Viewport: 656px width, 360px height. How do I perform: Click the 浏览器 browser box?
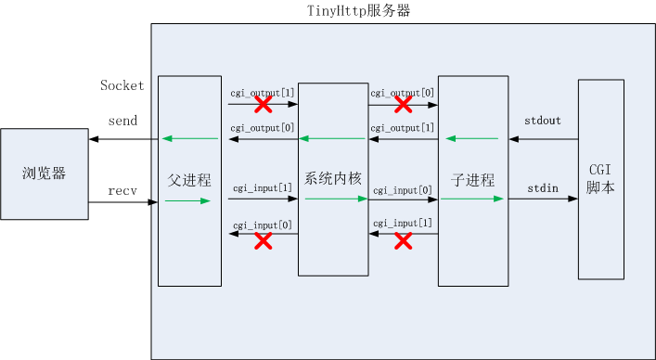pos(45,174)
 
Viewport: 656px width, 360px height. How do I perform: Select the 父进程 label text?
pos(189,180)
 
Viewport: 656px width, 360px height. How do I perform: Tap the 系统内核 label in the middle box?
pos(332,177)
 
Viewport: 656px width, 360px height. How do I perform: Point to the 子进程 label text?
pos(473,180)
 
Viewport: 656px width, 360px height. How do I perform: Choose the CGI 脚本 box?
pos(600,179)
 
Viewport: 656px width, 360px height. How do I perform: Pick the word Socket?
pos(122,85)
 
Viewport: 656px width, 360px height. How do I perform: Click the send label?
pos(122,122)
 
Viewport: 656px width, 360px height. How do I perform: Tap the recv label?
pos(122,190)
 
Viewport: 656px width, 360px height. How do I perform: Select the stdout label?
pos(542,121)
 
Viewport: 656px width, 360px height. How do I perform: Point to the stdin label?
pos(542,188)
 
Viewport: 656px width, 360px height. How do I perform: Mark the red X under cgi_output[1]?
pos(263,105)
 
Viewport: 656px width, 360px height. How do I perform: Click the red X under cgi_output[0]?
pos(403,105)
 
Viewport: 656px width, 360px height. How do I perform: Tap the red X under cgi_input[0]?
pos(263,241)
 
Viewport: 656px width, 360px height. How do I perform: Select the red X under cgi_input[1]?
pos(403,241)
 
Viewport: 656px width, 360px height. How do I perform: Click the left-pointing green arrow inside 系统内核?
pos(332,139)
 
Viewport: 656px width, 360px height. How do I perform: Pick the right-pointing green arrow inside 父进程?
pos(189,199)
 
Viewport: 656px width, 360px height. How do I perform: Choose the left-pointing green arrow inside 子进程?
pos(472,139)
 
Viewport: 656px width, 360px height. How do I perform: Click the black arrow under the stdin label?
pos(543,199)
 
